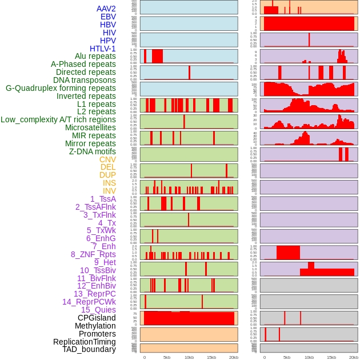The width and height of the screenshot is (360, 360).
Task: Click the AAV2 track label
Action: (x=106, y=9)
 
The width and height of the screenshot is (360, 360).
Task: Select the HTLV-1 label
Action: (x=102, y=49)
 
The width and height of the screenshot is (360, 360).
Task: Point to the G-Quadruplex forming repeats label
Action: (x=61, y=88)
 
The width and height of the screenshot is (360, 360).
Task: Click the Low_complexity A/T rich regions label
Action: (x=58, y=119)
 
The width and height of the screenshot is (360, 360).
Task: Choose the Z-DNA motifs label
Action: (x=92, y=151)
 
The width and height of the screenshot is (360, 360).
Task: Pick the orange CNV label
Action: (x=107, y=159)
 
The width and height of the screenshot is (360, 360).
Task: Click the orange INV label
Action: (x=109, y=191)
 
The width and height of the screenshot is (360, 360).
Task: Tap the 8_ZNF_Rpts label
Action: (x=93, y=254)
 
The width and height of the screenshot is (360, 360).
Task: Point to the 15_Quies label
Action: (x=98, y=310)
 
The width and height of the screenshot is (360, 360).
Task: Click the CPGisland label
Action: (x=97, y=318)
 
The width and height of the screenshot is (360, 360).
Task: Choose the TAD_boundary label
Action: (x=89, y=349)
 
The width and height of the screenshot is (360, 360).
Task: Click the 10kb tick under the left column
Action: (x=189, y=357)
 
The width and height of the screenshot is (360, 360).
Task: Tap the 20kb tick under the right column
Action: (x=353, y=357)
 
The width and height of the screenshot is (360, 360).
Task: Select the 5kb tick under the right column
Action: (x=286, y=357)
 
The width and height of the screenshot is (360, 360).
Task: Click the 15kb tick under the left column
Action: (x=211, y=357)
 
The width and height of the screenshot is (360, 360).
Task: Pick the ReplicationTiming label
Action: (x=84, y=342)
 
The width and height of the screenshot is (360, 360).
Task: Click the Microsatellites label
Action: (x=90, y=127)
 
